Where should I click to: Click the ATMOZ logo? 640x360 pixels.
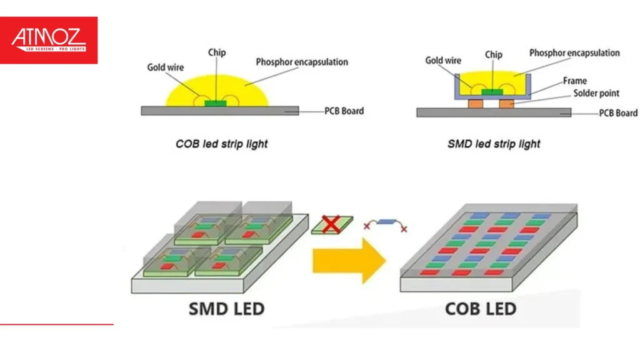click(x=49, y=40)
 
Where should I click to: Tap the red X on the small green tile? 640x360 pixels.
click(x=331, y=223)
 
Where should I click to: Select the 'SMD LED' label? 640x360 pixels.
click(x=226, y=309)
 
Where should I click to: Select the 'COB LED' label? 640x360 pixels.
click(x=481, y=309)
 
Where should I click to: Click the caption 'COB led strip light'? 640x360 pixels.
click(x=221, y=144)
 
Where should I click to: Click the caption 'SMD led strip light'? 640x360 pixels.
click(x=494, y=144)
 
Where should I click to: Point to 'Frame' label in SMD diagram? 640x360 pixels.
click(x=574, y=81)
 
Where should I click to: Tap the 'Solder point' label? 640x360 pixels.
click(x=596, y=93)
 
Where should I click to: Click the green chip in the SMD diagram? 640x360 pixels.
click(x=492, y=92)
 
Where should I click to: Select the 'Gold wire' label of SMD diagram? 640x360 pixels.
click(x=443, y=61)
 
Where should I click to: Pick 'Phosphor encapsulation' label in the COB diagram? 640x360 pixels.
click(x=302, y=62)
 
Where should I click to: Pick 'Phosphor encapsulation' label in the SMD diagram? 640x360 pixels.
click(x=574, y=52)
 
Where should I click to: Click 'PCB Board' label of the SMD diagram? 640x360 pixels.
click(x=618, y=113)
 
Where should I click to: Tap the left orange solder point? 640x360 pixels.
click(x=476, y=102)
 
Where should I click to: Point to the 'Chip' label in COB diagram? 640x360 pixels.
click(x=217, y=52)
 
